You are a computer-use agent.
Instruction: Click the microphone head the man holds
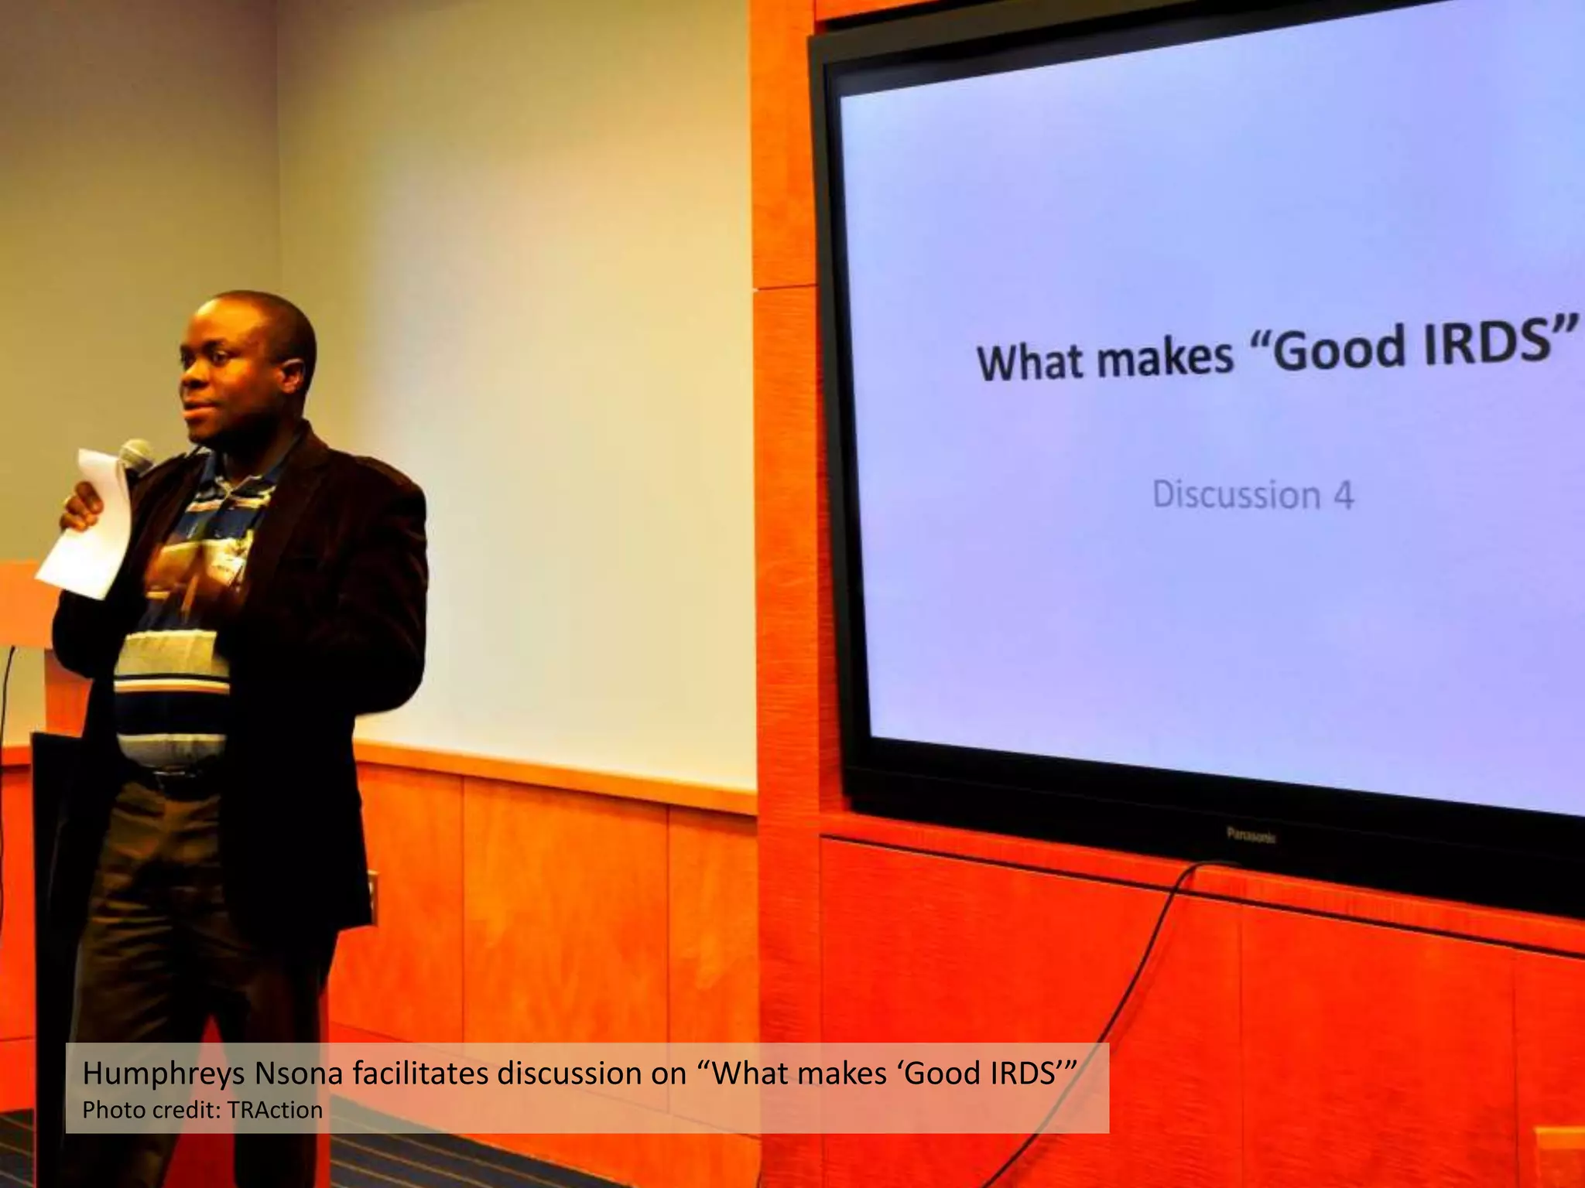click(138, 454)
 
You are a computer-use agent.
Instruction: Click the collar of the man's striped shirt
click(232, 472)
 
